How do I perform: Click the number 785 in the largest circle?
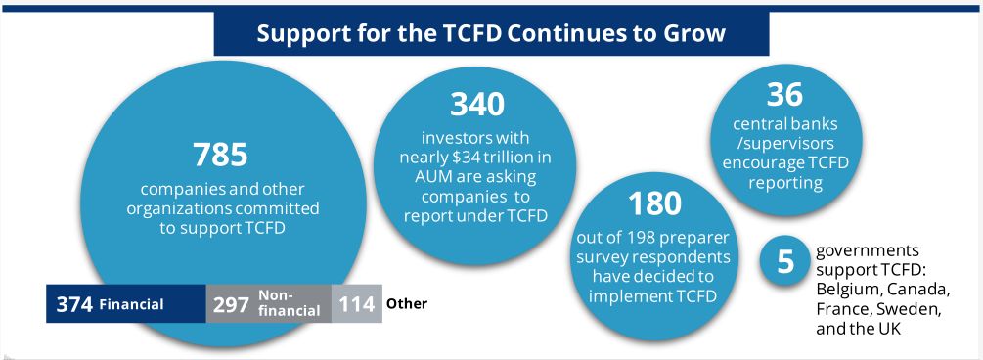tap(221, 155)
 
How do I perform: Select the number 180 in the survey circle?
tap(655, 203)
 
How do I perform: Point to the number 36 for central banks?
tap(784, 94)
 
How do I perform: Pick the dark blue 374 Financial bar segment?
tap(125, 304)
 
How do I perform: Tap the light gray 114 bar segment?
tap(356, 304)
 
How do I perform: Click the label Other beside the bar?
tap(407, 303)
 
